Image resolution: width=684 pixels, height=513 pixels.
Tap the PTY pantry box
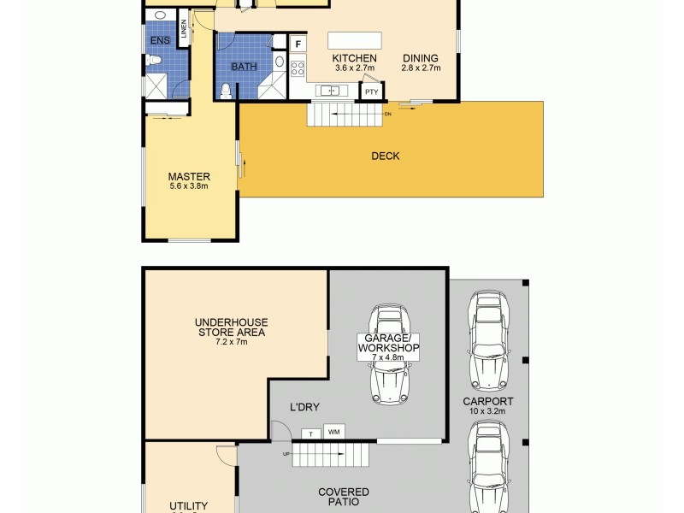click(371, 91)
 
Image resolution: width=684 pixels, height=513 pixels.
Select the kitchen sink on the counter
click(330, 91)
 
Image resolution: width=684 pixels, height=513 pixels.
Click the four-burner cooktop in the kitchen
click(298, 66)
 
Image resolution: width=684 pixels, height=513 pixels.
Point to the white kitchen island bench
click(351, 41)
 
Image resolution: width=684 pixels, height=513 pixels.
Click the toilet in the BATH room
click(226, 90)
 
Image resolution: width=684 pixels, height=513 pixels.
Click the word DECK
click(385, 156)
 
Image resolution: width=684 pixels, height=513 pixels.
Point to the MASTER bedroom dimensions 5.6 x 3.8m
click(189, 186)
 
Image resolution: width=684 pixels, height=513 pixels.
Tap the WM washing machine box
click(334, 431)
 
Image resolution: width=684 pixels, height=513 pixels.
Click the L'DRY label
click(304, 408)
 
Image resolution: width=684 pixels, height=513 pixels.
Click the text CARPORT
click(488, 401)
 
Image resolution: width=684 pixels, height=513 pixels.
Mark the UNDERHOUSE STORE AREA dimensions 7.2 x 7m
click(231, 342)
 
